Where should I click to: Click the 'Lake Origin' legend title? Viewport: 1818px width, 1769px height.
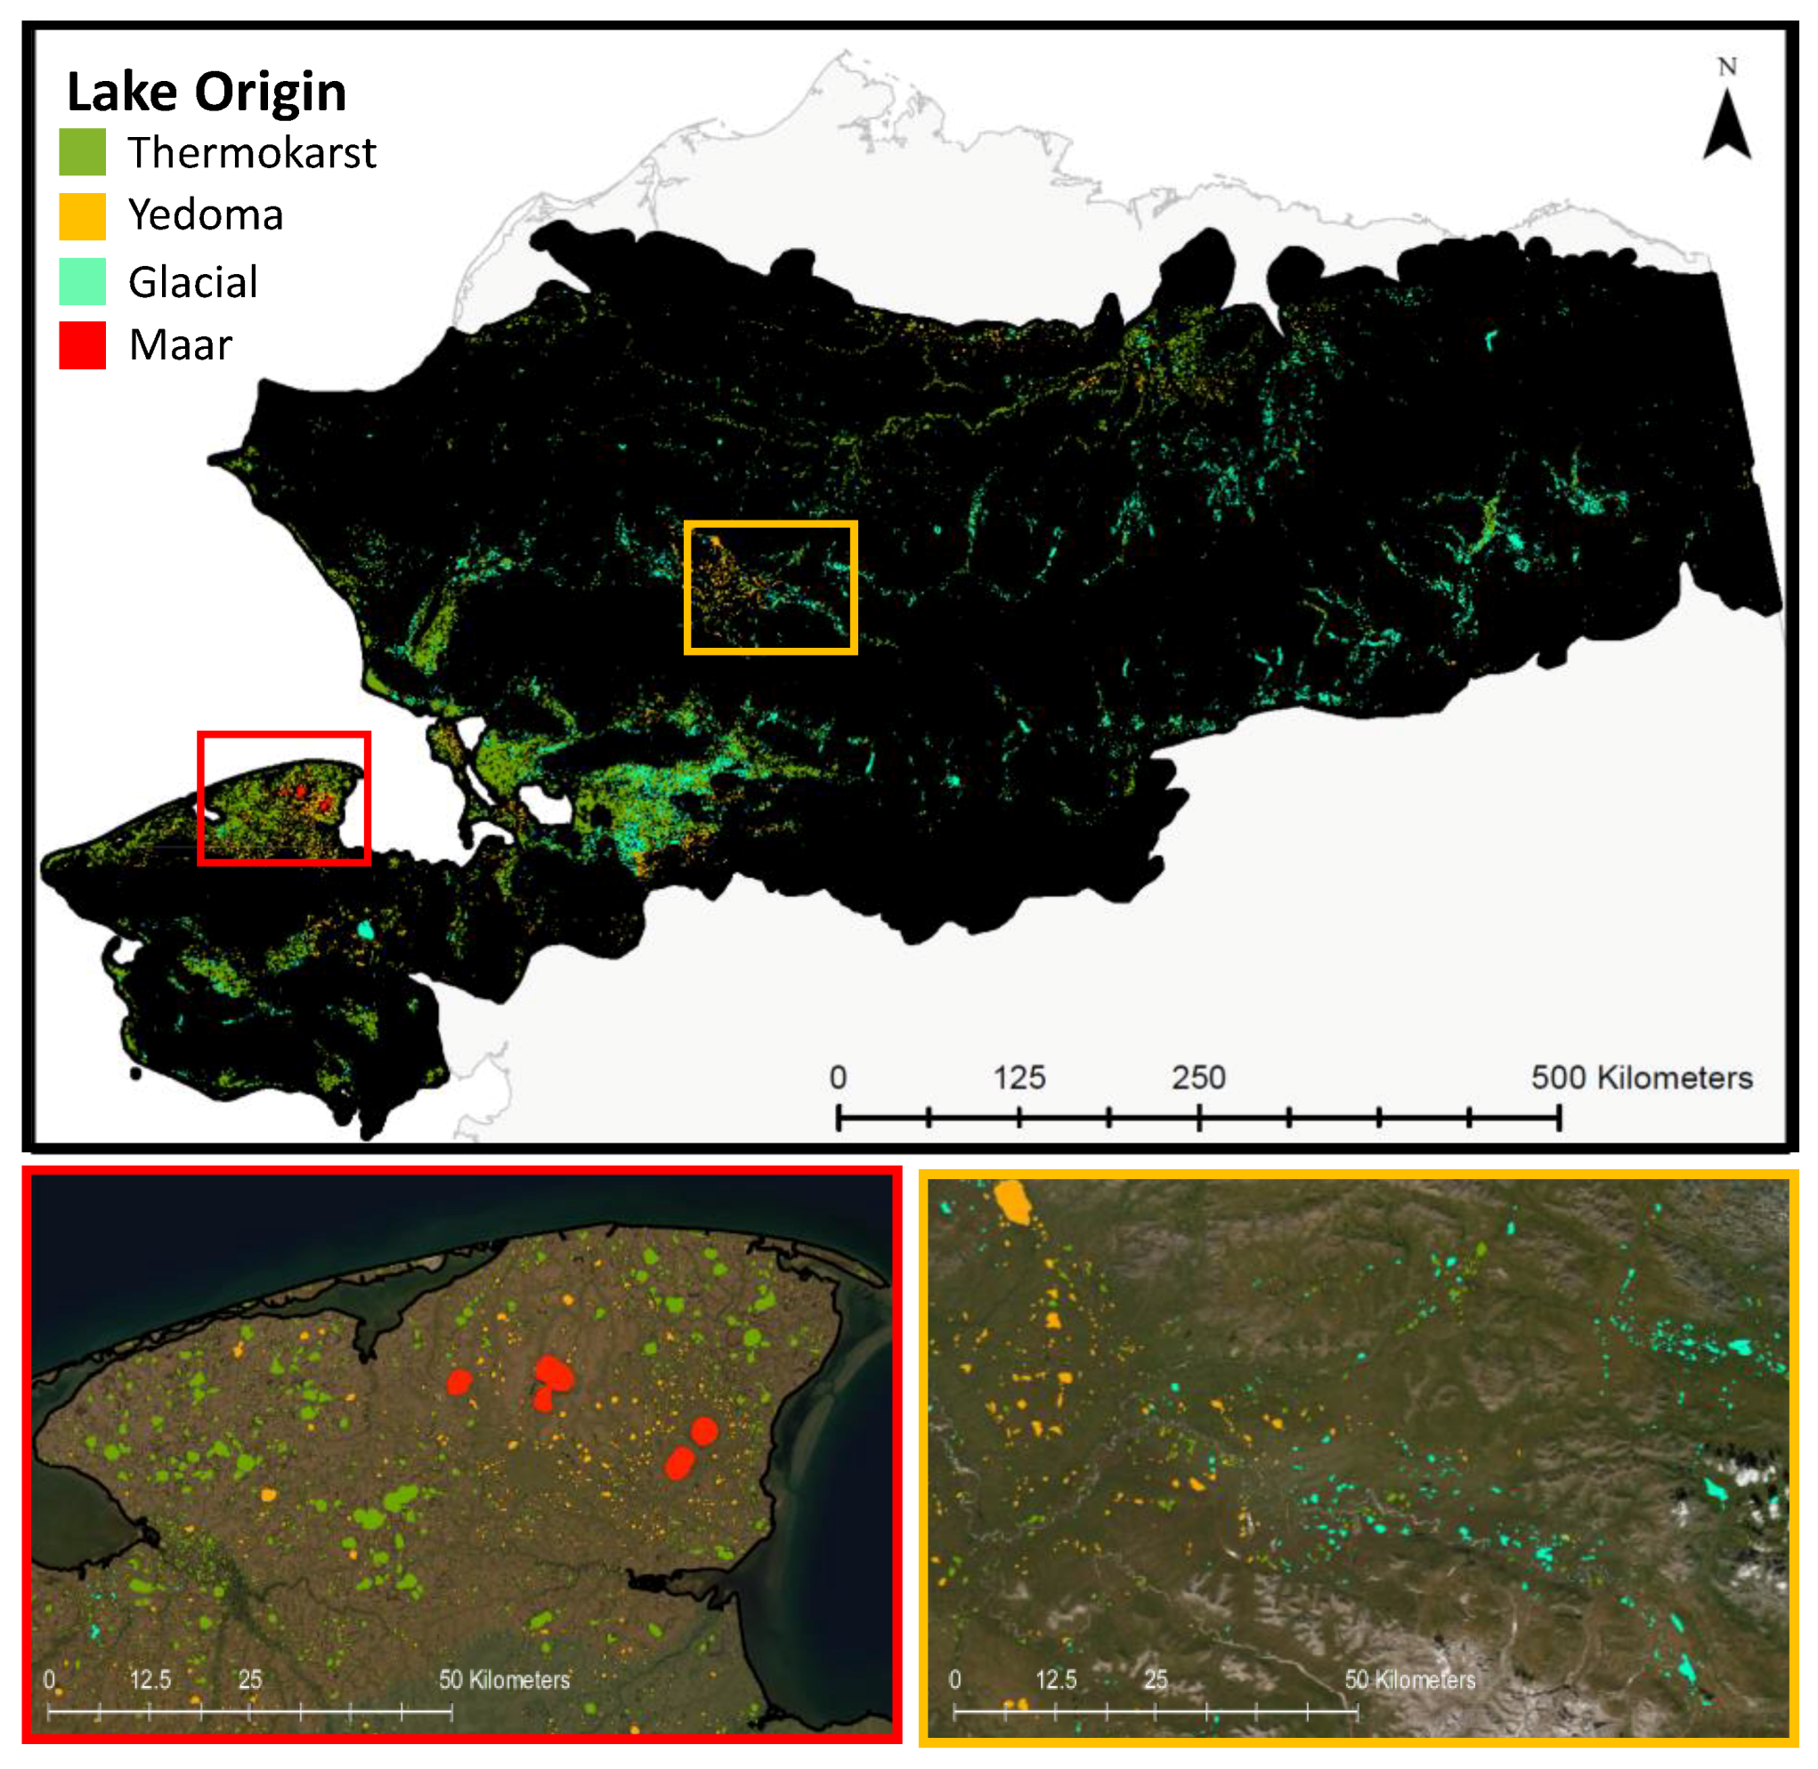[207, 92]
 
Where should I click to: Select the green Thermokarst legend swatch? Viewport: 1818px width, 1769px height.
[82, 151]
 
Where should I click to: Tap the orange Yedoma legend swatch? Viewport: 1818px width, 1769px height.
[82, 215]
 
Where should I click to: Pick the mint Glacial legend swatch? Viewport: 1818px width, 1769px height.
[82, 280]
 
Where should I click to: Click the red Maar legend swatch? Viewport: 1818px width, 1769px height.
[82, 344]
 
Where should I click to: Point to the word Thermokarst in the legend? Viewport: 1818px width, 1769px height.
[252, 152]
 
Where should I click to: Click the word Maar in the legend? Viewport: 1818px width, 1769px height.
[181, 344]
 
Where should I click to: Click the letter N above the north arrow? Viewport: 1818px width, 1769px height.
[1727, 67]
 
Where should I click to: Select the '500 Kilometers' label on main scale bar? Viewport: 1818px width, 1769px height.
[1642, 1078]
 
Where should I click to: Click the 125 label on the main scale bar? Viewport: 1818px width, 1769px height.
[1019, 1078]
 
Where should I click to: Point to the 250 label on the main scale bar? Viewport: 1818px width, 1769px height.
[1198, 1078]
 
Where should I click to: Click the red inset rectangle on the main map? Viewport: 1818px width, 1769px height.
[284, 734]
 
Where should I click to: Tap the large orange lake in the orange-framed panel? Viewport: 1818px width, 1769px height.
[1012, 1202]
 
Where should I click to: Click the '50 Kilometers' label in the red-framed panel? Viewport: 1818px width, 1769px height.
[504, 1680]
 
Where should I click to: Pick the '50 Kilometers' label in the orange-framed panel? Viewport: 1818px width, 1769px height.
[1409, 1680]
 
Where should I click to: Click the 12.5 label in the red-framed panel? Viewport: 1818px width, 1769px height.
[150, 1680]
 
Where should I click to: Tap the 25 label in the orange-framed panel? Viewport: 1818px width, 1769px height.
[1156, 1680]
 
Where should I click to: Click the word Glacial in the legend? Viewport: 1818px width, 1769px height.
[192, 281]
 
